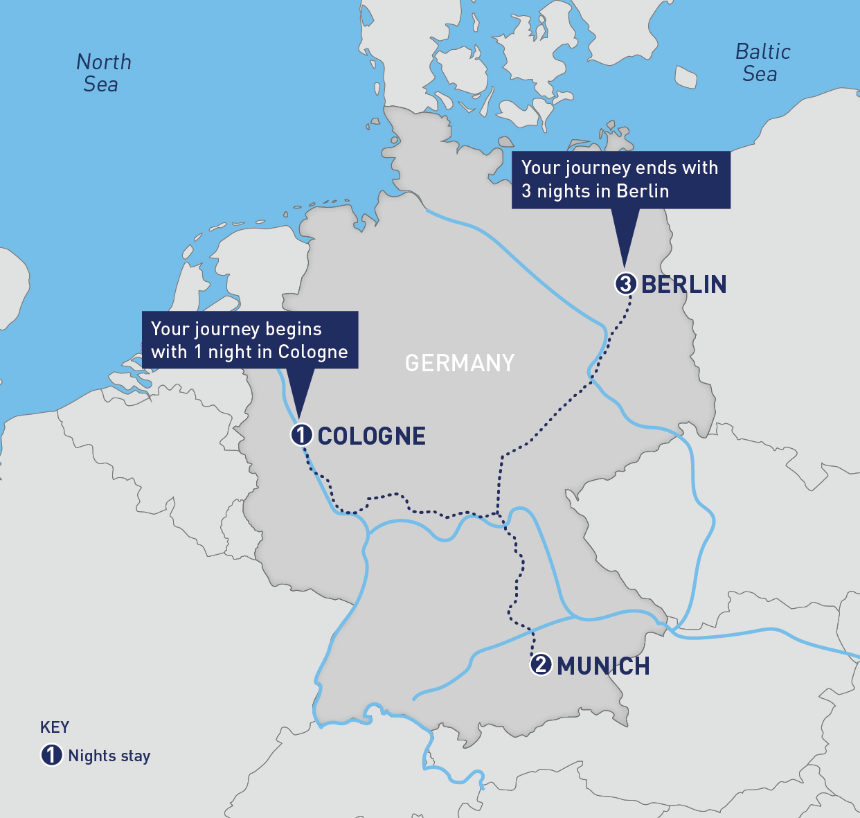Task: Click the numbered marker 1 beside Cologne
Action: [x=301, y=435]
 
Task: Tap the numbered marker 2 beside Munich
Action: [x=541, y=664]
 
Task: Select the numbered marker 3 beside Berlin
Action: [x=625, y=284]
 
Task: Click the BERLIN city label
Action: [x=684, y=284]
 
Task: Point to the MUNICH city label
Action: [x=603, y=666]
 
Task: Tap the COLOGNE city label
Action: [x=372, y=436]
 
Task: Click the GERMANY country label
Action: [x=460, y=363]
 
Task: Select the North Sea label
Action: [x=103, y=73]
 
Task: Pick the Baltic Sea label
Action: [x=762, y=62]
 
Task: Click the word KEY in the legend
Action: [x=55, y=727]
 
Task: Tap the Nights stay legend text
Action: [x=109, y=756]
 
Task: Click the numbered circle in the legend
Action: [x=52, y=755]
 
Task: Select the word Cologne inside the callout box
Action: [x=313, y=352]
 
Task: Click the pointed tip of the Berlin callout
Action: [x=625, y=265]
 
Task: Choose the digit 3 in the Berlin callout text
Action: [x=526, y=191]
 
